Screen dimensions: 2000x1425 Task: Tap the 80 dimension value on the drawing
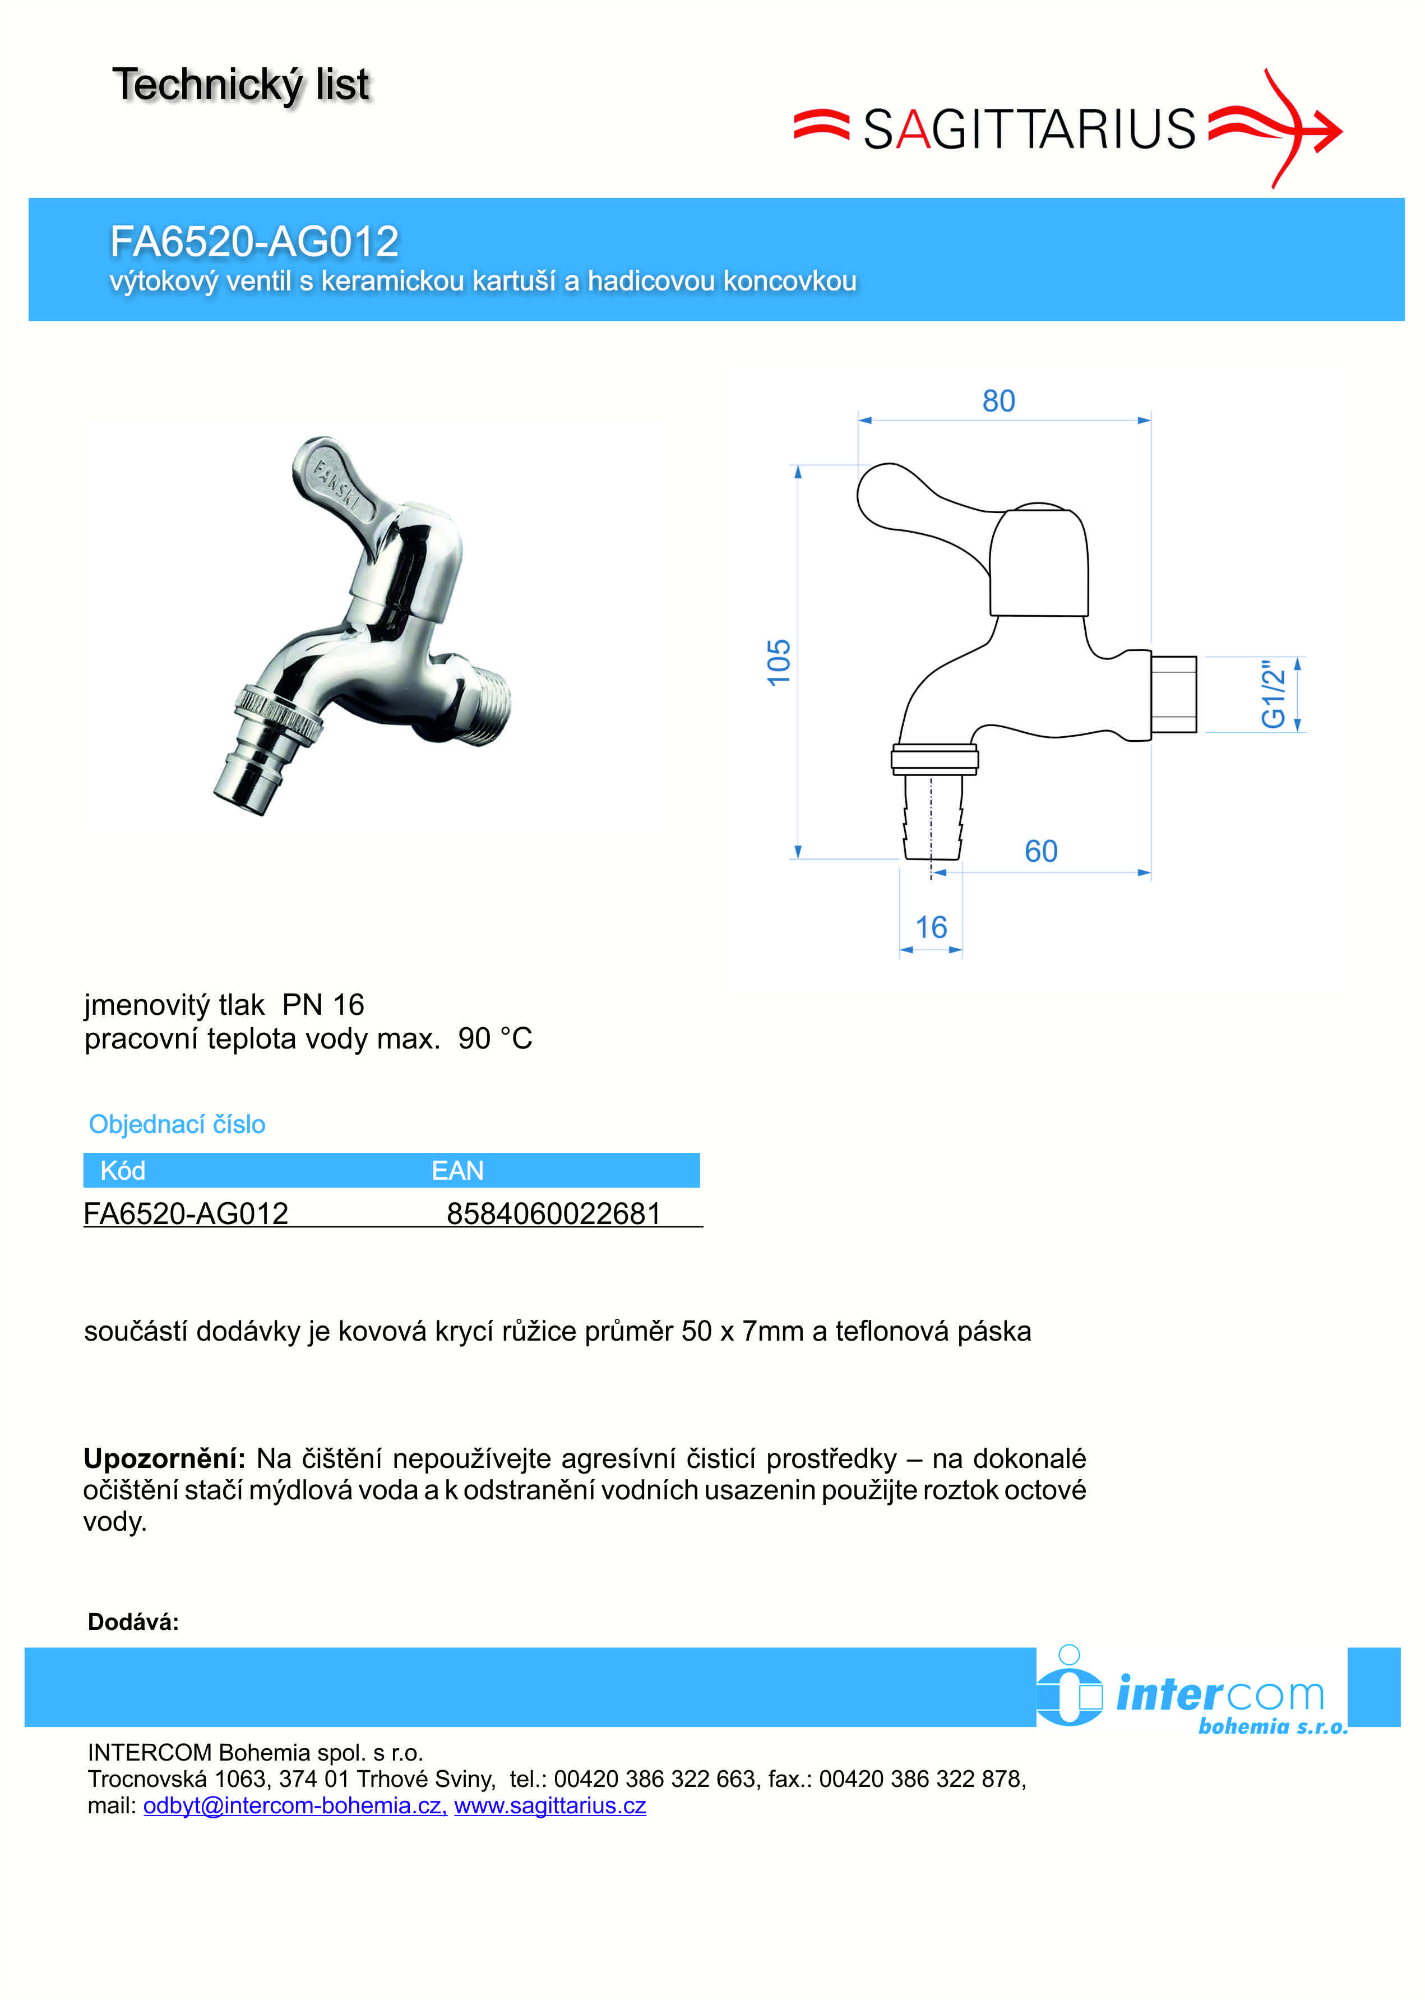point(998,401)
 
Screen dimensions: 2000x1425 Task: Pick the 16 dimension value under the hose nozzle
point(931,927)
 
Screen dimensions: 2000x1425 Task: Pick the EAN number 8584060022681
point(554,1214)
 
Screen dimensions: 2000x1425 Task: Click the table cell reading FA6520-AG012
point(186,1214)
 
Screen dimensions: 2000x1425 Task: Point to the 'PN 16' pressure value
point(323,1005)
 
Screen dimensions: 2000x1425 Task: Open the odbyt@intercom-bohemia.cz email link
point(295,1805)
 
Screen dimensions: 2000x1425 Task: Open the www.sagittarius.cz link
point(550,1805)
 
